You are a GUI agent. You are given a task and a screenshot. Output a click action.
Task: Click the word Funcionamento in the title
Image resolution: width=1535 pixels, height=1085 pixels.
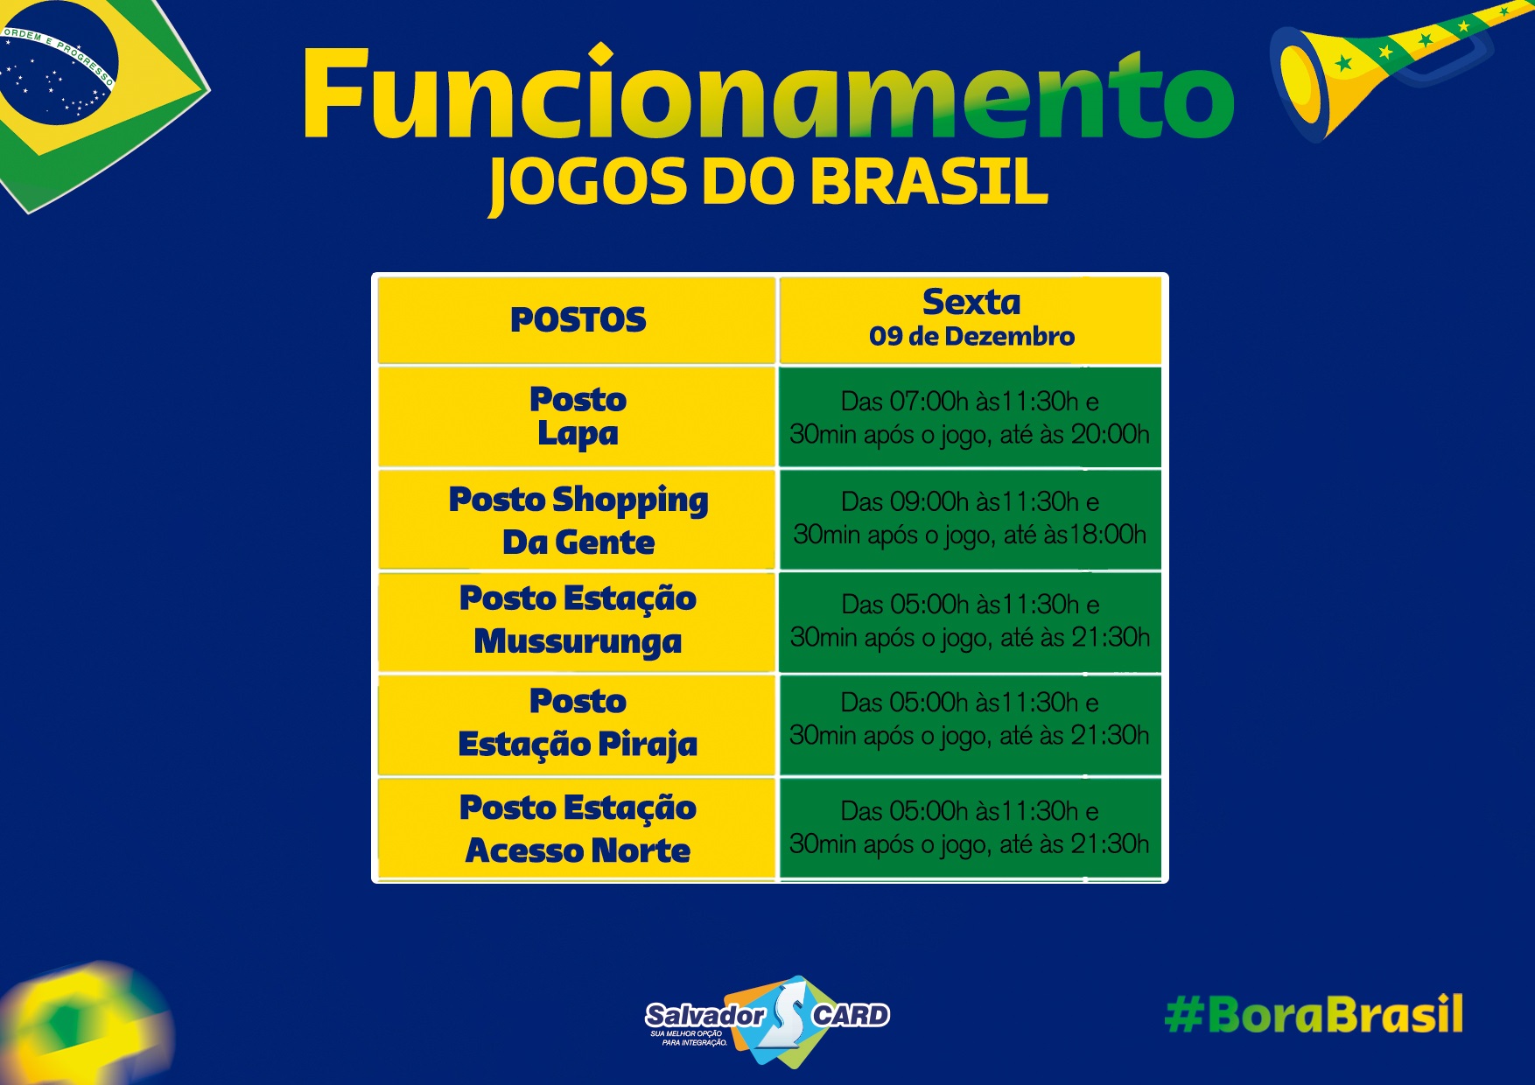click(x=768, y=94)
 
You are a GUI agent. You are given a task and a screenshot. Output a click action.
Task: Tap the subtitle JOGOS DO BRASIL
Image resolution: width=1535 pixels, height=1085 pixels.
click(x=768, y=185)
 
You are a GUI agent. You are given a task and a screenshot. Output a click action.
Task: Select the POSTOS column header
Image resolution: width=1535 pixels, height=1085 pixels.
click(x=578, y=319)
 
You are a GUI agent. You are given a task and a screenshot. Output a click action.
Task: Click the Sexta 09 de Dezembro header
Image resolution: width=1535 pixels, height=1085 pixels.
click(x=971, y=318)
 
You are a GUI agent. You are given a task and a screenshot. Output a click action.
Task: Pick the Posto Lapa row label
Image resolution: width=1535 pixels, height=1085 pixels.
click(x=578, y=416)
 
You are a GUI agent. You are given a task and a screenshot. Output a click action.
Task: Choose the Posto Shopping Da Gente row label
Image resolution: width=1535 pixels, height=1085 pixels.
click(x=578, y=521)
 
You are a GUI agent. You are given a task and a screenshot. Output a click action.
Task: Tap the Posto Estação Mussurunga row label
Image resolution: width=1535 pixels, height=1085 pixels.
click(x=578, y=620)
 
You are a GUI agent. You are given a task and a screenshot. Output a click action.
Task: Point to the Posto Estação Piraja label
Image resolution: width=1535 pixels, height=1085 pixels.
click(x=578, y=723)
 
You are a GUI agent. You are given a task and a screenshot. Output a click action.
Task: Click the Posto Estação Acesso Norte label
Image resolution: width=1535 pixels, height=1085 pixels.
click(x=578, y=829)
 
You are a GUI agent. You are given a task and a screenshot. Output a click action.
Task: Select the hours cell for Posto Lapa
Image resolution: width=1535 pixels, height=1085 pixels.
click(x=970, y=417)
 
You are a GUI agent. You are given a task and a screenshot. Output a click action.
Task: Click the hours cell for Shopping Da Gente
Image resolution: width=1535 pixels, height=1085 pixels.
click(x=970, y=518)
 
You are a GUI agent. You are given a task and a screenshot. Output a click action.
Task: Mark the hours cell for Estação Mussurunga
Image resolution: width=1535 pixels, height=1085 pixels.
click(x=970, y=620)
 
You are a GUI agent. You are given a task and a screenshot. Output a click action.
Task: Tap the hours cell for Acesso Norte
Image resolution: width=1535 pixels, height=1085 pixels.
click(x=970, y=828)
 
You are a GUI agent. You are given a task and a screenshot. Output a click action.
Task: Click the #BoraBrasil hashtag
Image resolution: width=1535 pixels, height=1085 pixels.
click(x=1314, y=1014)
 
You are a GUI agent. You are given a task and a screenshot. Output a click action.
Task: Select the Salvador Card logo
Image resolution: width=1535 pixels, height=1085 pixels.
click(x=767, y=1021)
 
